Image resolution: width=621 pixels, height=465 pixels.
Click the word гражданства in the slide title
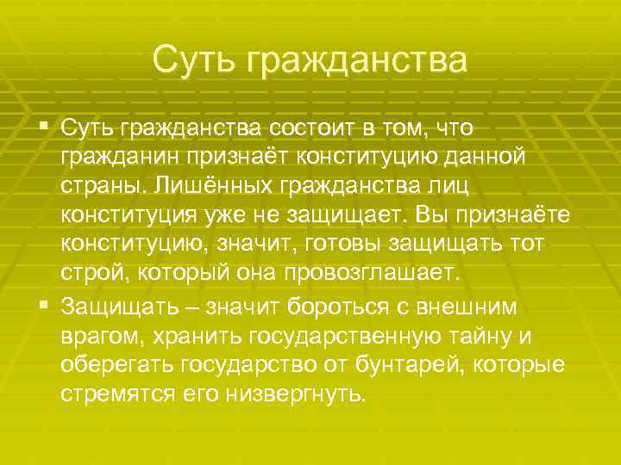pos(357,60)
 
